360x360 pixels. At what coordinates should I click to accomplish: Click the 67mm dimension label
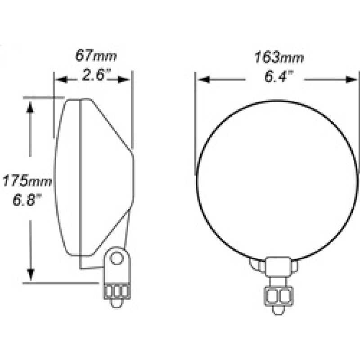[x=95, y=56]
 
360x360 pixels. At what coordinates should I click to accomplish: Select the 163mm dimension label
[x=279, y=58]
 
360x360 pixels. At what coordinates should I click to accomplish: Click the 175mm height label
[x=27, y=181]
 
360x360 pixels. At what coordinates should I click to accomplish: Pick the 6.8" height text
[x=27, y=199]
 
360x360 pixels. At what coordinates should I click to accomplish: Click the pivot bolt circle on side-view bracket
[x=117, y=258]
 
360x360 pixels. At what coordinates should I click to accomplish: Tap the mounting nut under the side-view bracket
[x=117, y=292]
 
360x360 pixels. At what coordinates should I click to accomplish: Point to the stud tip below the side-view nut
[x=117, y=304]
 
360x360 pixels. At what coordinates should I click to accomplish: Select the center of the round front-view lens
[x=277, y=180]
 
